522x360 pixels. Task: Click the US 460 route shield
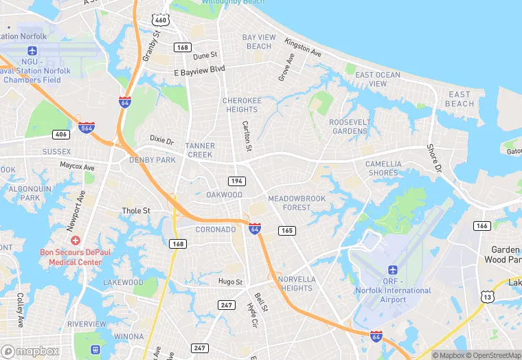[161, 20]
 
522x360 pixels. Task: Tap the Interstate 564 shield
[87, 128]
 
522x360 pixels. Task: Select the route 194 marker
[236, 180]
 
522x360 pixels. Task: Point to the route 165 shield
[287, 231]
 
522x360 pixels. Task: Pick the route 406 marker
[60, 134]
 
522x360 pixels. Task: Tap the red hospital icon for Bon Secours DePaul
[75, 241]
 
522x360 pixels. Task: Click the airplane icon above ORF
[393, 269]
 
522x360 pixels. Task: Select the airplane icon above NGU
[32, 51]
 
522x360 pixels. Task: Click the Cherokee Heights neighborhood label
[242, 105]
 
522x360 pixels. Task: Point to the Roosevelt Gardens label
[349, 126]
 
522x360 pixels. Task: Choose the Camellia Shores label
[383, 168]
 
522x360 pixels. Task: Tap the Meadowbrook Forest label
[297, 203]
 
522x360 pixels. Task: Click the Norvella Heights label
[297, 284]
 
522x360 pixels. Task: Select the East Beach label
[459, 99]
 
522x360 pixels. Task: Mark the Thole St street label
[136, 211]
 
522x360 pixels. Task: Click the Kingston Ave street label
[303, 47]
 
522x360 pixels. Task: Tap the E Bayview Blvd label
[199, 69]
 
